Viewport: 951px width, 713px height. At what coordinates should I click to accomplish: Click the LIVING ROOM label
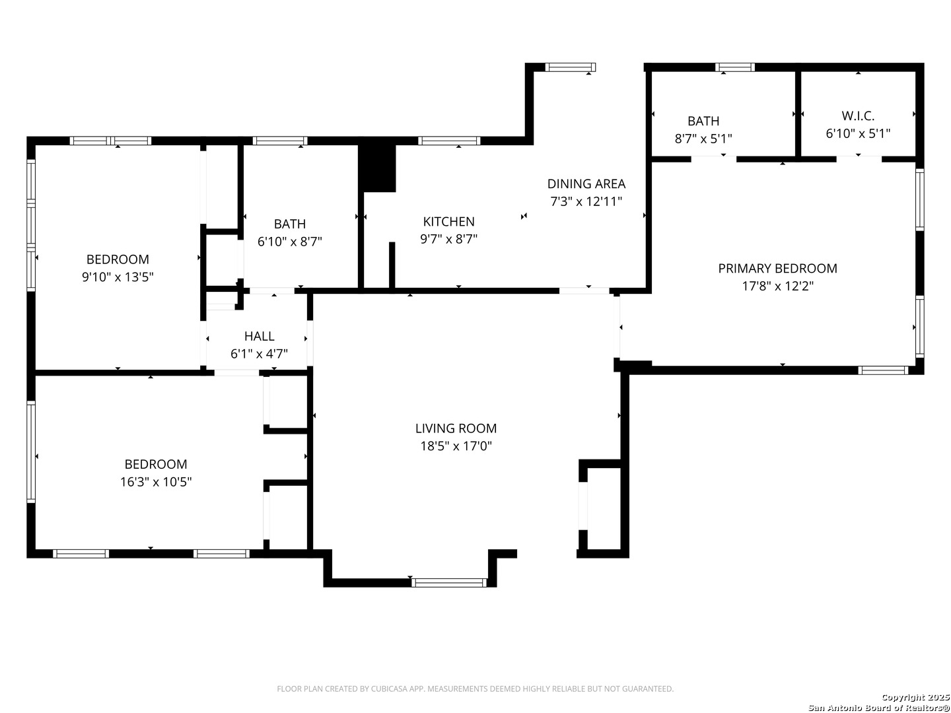click(456, 428)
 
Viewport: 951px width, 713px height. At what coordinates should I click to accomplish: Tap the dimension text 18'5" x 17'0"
click(456, 446)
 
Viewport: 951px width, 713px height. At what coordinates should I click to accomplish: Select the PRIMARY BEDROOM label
click(777, 269)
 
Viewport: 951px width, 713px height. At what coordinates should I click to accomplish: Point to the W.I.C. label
click(858, 116)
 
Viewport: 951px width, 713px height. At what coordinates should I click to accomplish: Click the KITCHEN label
click(448, 222)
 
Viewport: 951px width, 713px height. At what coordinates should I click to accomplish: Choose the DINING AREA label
click(586, 184)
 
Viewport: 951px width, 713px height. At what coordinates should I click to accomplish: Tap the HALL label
click(259, 337)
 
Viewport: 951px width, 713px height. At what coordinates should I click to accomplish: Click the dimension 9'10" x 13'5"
click(118, 277)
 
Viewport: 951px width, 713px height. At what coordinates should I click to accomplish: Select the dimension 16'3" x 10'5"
click(156, 482)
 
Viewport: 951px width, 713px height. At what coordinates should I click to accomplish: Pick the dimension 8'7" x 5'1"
click(703, 139)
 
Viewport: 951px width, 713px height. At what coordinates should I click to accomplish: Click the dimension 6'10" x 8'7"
click(289, 242)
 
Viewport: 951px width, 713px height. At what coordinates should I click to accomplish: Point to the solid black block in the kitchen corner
click(377, 168)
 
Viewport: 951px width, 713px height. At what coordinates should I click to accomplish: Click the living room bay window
click(449, 582)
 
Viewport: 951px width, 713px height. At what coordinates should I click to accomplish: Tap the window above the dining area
click(571, 67)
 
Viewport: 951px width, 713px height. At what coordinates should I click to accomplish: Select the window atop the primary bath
click(735, 67)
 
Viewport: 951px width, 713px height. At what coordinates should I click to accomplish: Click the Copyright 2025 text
click(915, 697)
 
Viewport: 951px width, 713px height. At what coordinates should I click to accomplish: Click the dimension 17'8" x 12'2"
click(777, 287)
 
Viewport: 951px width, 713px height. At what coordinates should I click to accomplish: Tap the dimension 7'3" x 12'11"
click(586, 202)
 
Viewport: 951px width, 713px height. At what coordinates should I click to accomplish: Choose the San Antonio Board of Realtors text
click(878, 708)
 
